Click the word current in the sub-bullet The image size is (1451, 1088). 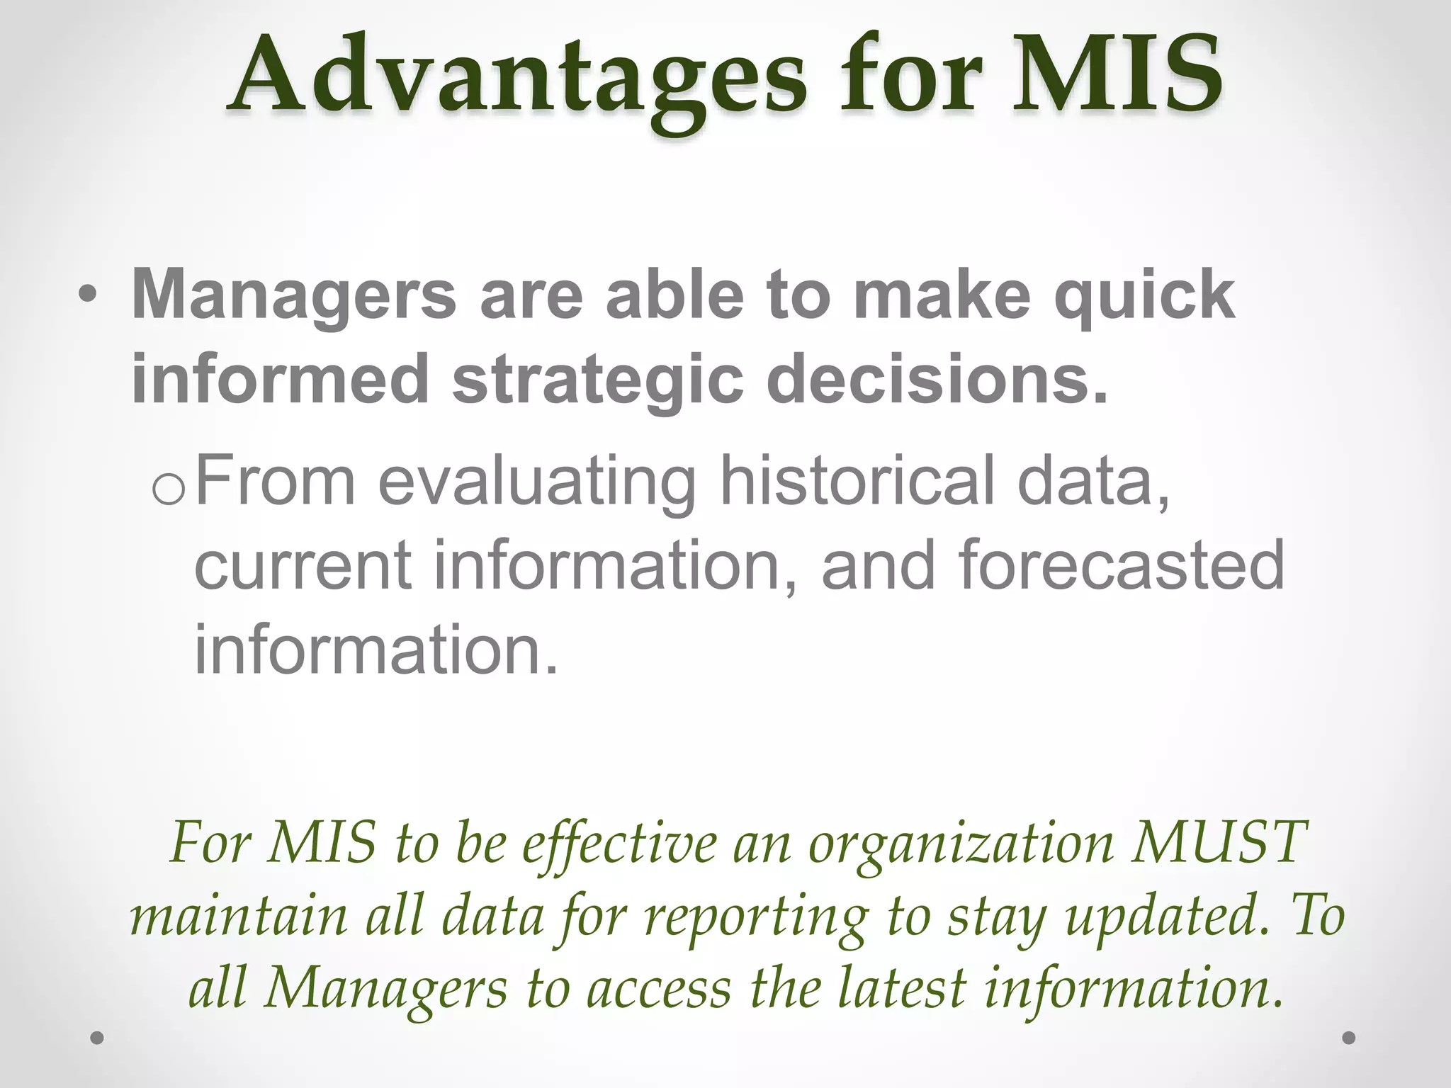tap(303, 565)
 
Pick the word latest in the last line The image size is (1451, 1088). tap(901, 989)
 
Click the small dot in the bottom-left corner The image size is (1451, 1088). tap(98, 1038)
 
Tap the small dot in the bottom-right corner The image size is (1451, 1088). tap(1349, 1038)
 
